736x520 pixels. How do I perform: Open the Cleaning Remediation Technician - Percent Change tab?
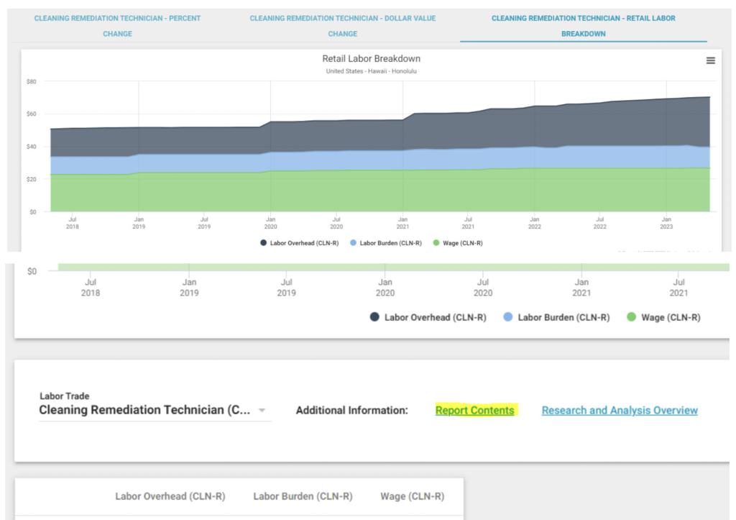(x=117, y=26)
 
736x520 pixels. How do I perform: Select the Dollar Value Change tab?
(x=343, y=26)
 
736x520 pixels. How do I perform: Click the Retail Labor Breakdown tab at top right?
(x=584, y=26)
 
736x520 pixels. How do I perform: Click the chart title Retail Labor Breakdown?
(x=372, y=59)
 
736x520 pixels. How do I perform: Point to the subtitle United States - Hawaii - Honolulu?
(x=372, y=71)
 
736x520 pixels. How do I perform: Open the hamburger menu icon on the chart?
(x=711, y=60)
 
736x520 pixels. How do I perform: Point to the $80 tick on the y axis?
(x=32, y=82)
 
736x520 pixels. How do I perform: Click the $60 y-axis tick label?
(x=32, y=114)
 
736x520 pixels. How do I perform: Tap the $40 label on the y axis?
(x=32, y=147)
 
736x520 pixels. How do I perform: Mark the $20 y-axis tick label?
(x=32, y=179)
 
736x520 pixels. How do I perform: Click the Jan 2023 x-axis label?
(x=666, y=223)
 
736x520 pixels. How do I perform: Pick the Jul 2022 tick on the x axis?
(x=600, y=223)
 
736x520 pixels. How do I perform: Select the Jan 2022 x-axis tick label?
(x=535, y=223)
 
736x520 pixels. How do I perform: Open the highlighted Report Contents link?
(x=474, y=410)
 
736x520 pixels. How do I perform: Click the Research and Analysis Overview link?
(x=620, y=410)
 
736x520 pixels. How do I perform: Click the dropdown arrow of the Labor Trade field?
(x=262, y=410)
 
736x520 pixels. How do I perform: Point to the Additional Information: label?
(x=352, y=410)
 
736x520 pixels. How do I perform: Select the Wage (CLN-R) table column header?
(x=412, y=496)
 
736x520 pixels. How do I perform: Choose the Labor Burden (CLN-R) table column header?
(x=303, y=496)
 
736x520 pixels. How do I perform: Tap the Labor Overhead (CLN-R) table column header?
(x=170, y=496)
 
